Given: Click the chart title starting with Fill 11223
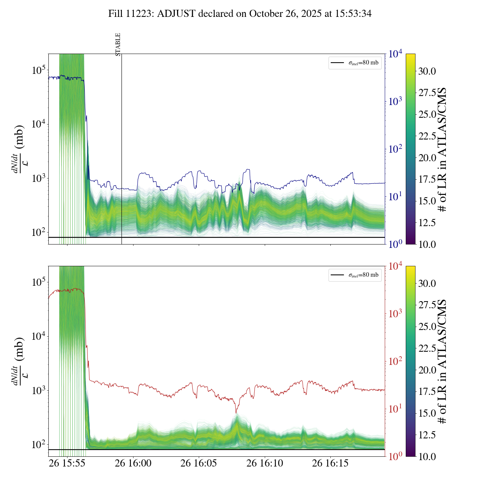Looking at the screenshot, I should click(x=240, y=14).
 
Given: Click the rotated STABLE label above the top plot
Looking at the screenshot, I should click(x=118, y=45).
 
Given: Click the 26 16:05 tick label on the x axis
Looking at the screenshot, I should click(x=198, y=463).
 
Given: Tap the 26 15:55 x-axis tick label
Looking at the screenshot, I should click(x=67, y=463).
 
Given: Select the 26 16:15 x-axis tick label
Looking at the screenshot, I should click(x=330, y=463).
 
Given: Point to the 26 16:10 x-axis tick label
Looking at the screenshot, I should click(x=264, y=463).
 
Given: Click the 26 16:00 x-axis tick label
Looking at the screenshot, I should click(x=133, y=463).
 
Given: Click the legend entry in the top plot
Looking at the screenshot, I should click(x=355, y=63).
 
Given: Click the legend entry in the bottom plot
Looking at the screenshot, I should click(x=355, y=275).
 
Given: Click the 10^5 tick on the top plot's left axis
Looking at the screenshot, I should click(x=39, y=70).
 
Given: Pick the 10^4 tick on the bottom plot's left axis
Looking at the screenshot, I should click(x=39, y=336).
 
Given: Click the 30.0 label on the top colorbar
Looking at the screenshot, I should click(x=427, y=71).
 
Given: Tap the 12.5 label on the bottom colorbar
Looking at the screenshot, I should click(x=427, y=435).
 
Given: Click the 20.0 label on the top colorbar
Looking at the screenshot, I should click(x=427, y=158).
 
